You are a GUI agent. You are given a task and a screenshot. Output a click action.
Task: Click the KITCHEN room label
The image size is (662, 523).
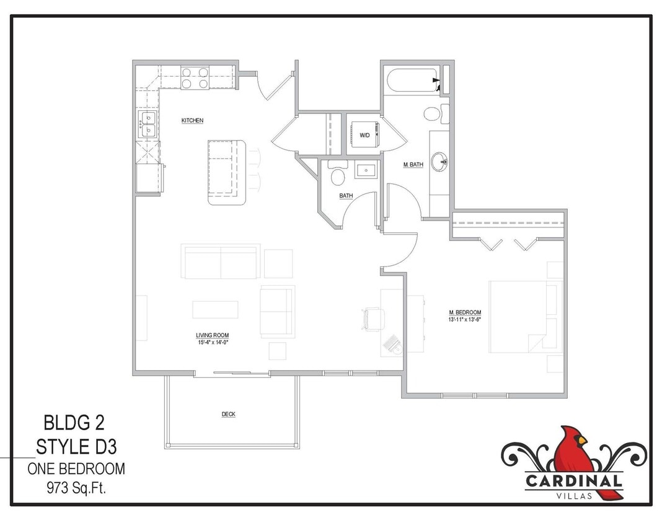tap(192, 120)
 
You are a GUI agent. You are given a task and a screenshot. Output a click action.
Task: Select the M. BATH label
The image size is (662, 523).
tap(413, 165)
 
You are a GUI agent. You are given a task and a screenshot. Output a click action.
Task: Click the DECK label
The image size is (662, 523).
tap(228, 414)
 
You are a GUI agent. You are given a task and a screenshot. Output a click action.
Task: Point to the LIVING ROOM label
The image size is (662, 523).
tap(212, 335)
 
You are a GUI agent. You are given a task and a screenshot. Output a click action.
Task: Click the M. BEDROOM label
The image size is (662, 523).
tap(465, 312)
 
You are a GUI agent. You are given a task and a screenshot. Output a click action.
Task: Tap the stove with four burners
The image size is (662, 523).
tap(195, 77)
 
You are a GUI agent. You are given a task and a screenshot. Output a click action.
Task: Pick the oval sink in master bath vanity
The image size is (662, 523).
tap(439, 162)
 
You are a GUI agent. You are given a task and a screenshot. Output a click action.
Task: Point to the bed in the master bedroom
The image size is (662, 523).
tap(524, 316)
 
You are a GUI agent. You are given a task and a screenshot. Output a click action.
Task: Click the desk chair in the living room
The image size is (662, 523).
tap(373, 319)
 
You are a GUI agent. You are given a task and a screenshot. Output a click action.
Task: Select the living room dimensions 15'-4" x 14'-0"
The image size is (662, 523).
tap(212, 341)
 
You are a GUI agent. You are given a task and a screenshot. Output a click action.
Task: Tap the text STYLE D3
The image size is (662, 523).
tap(77, 446)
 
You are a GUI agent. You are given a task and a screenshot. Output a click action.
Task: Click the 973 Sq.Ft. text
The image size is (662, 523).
tap(76, 488)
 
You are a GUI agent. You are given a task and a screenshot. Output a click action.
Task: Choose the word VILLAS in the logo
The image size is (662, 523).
tap(574, 494)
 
